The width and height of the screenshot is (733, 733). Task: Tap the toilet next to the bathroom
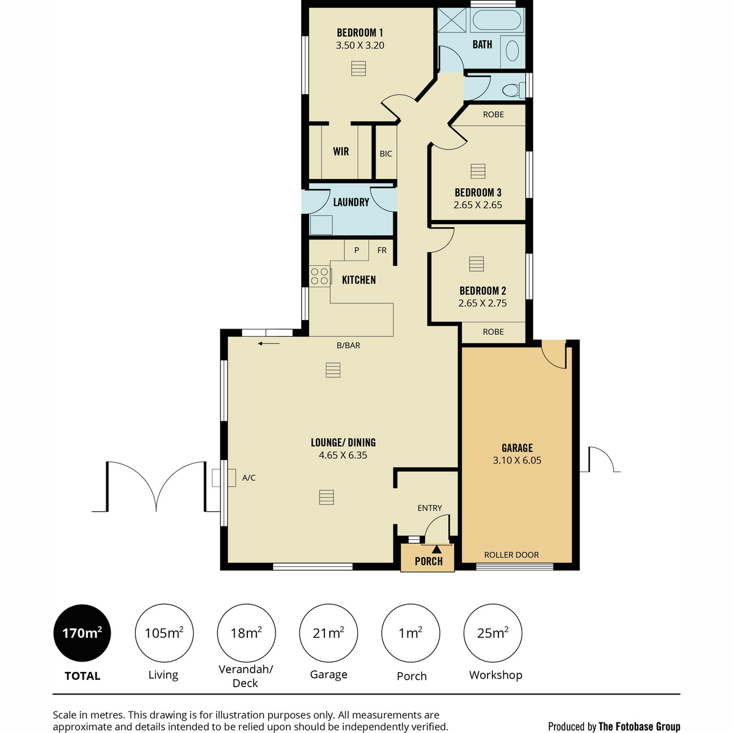point(514,90)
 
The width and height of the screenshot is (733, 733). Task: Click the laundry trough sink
point(321,225)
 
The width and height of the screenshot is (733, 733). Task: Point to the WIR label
point(341,151)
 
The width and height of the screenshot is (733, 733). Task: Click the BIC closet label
point(385,154)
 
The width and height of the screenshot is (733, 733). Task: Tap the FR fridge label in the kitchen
point(382,250)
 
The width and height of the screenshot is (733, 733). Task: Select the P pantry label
point(356,250)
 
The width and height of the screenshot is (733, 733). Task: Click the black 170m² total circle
point(82,633)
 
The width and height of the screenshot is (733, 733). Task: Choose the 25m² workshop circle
point(492,633)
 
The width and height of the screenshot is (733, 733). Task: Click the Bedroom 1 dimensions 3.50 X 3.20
point(360,45)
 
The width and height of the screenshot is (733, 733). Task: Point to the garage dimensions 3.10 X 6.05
point(517,461)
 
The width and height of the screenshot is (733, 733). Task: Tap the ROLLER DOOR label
point(511,555)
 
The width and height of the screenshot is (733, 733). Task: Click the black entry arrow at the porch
point(437,549)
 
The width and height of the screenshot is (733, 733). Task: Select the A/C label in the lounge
point(249,478)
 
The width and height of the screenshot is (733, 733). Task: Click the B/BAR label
point(348,345)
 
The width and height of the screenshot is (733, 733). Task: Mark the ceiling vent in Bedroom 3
point(478,171)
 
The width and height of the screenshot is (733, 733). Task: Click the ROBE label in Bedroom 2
point(493,332)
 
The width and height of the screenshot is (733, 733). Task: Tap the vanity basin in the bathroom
point(512,51)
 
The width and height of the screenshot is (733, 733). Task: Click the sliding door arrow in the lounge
point(269,343)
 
